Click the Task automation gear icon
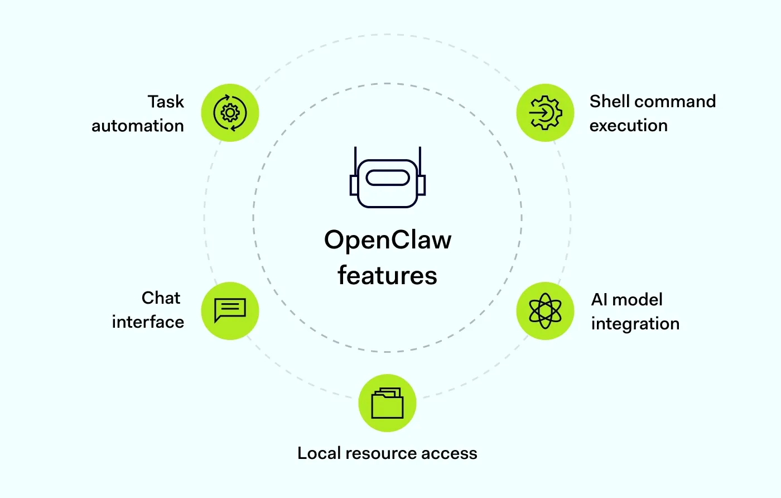pyautogui.click(x=230, y=113)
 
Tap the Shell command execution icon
pyautogui.click(x=545, y=113)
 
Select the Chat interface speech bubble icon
pyautogui.click(x=230, y=311)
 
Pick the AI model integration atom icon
pyautogui.click(x=545, y=311)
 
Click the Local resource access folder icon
pyautogui.click(x=387, y=403)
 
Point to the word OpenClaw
pyautogui.click(x=388, y=240)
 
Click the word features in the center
pyautogui.click(x=387, y=276)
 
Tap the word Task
pyautogui.click(x=166, y=102)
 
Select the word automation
pyautogui.click(x=138, y=126)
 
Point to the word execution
pyautogui.click(x=628, y=126)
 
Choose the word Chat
pyautogui.click(x=161, y=298)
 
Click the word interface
pyautogui.click(x=148, y=322)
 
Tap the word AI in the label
pyautogui.click(x=599, y=300)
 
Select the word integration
pyautogui.click(x=635, y=324)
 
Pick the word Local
pyautogui.click(x=319, y=453)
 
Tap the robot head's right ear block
pyautogui.click(x=422, y=185)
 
